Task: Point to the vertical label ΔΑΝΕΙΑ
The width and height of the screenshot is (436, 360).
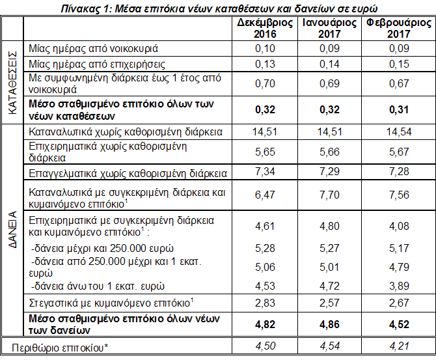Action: pos(12,230)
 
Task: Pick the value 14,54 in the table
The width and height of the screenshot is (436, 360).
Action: pos(395,132)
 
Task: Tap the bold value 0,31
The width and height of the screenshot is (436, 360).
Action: pos(395,110)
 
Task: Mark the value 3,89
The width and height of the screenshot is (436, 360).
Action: pos(395,284)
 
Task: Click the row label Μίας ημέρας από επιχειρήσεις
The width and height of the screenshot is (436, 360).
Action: pos(92,64)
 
